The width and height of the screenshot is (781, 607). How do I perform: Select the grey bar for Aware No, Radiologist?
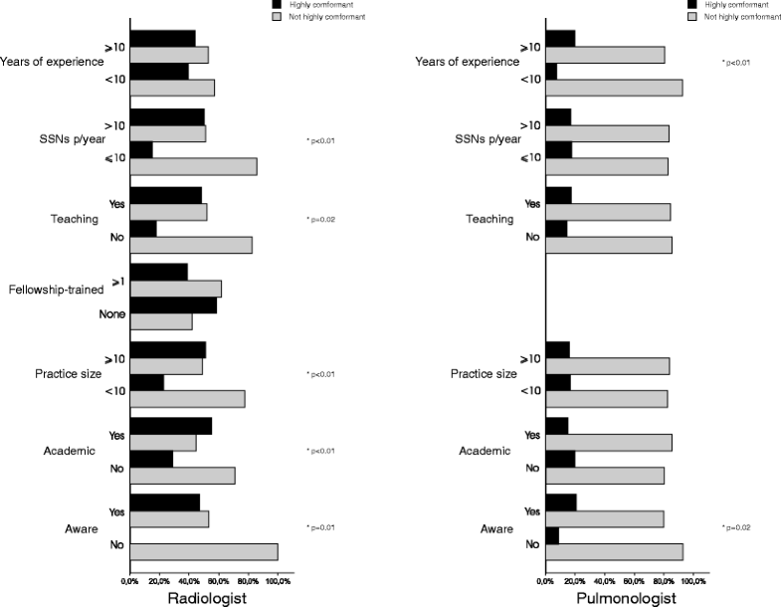204,551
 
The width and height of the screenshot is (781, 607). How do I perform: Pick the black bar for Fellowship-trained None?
173,305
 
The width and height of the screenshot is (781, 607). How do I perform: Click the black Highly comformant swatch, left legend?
277,5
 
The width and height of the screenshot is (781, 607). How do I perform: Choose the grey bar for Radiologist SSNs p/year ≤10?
193,166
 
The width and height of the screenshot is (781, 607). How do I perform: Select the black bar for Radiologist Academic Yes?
170,426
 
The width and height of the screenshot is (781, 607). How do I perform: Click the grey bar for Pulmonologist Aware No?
614,551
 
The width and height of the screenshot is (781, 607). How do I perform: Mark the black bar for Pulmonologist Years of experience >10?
560,39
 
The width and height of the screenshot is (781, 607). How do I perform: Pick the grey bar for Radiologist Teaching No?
191,245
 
